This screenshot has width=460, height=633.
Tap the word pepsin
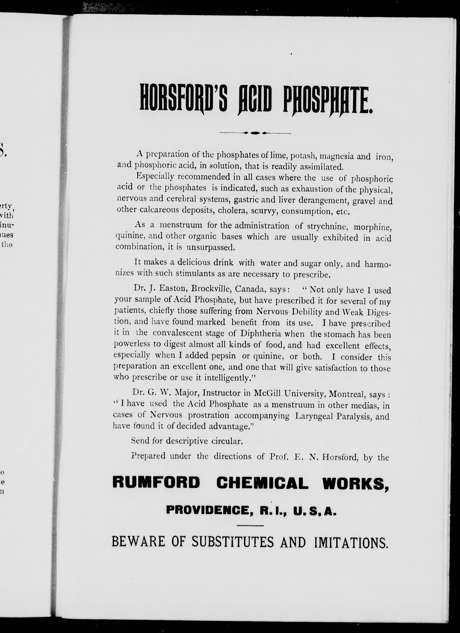224,356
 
